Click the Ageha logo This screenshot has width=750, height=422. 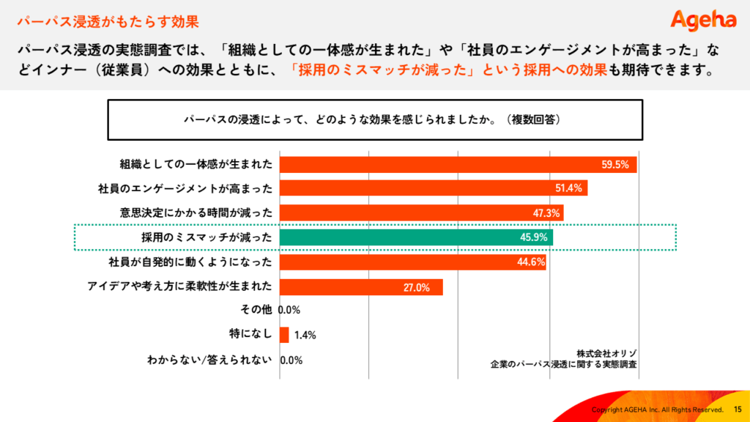coord(703,20)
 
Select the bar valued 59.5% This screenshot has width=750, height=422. coord(458,164)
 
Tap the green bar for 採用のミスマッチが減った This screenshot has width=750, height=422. coord(416,237)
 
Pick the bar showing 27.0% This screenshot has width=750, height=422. coord(361,287)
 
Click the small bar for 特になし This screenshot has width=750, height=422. coord(284,335)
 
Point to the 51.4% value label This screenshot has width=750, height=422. coord(568,188)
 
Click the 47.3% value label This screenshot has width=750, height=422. coord(546,213)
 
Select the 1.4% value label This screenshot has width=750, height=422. coord(305,336)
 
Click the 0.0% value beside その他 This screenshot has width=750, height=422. coord(290,310)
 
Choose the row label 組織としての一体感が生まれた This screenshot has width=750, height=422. coord(196,164)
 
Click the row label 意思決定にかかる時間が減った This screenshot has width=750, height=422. coord(196,212)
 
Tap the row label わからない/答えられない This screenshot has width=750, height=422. coord(210,360)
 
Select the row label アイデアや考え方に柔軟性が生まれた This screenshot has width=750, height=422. coord(180,286)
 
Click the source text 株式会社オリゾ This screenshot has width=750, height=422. coord(606,352)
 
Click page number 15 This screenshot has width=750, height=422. coord(737,409)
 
